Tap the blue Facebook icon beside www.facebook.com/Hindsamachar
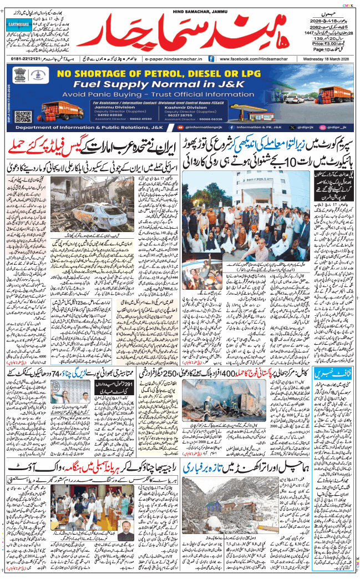pos(212,58)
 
